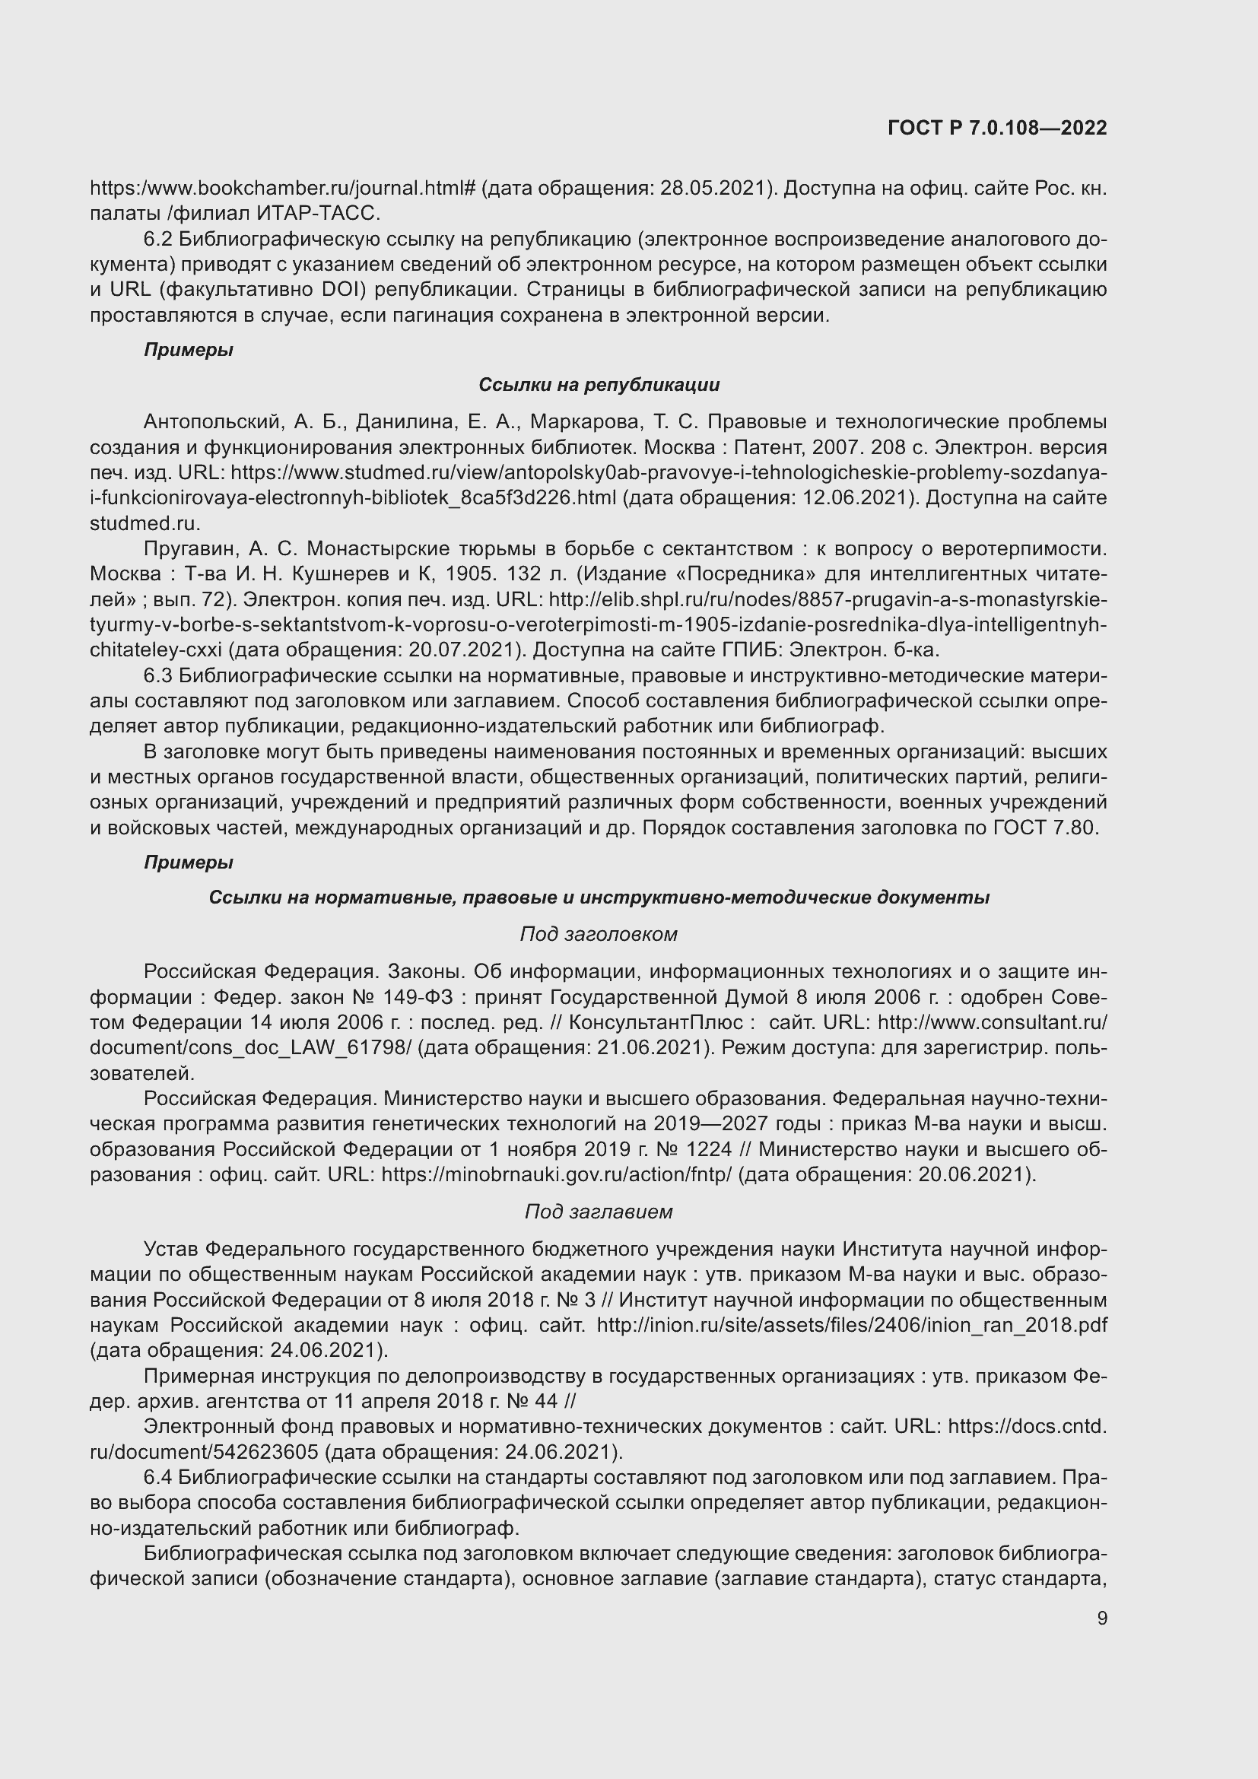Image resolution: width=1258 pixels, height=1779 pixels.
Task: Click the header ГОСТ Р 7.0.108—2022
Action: coord(997,129)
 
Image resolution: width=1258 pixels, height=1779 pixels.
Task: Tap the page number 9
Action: coord(1101,1618)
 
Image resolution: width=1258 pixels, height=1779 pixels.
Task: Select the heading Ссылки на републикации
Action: coord(599,385)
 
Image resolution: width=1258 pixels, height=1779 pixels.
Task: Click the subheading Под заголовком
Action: coord(599,935)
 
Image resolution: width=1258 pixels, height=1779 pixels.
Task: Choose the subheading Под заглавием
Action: coord(599,1212)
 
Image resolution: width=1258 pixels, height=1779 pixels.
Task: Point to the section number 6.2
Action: coord(159,240)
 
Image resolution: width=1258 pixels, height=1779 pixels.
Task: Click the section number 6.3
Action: coord(159,675)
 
